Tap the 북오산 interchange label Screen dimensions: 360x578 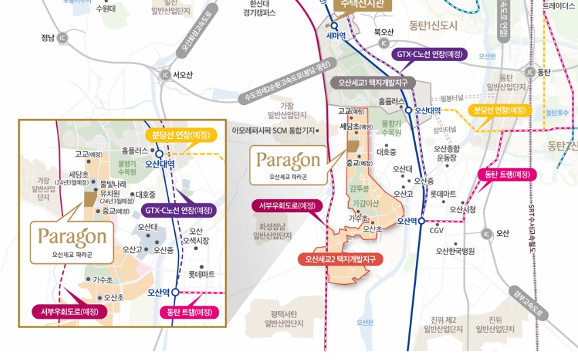click(383, 32)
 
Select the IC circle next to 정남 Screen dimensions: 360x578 click(63, 38)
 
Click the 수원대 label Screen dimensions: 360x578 click(105, 9)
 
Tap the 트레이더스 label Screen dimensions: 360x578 click(558, 5)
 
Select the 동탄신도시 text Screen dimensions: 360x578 click(433, 25)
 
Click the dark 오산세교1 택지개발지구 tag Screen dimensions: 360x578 click(373, 83)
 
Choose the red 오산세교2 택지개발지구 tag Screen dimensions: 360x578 click(340, 259)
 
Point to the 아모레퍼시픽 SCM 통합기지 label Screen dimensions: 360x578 click(273, 130)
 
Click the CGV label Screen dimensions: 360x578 click(436, 231)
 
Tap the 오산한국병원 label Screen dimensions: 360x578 click(455, 251)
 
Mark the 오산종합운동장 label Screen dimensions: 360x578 click(447, 153)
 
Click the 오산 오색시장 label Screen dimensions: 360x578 click(196, 236)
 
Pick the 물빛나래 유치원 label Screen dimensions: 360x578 click(113, 188)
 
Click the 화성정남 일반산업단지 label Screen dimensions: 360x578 click(271, 231)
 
